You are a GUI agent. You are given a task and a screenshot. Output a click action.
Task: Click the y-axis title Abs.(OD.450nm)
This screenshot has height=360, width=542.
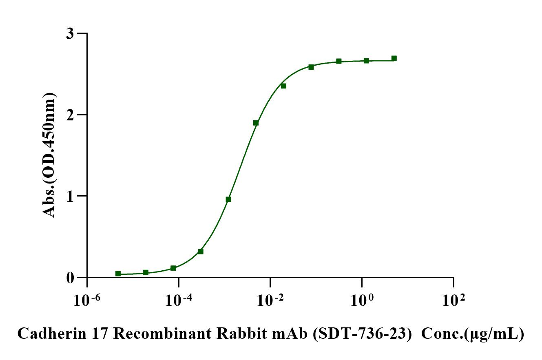tap(49, 155)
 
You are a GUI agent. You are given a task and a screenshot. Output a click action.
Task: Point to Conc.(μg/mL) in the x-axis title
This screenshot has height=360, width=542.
tap(472, 334)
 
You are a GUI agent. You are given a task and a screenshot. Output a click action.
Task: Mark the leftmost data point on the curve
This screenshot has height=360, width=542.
tap(118, 274)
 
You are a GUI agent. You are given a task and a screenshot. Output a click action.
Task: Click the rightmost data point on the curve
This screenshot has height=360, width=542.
tap(394, 58)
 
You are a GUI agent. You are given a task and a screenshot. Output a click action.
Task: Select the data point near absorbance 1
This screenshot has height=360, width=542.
tap(228, 199)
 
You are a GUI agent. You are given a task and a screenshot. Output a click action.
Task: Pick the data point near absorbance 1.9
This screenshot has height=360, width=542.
tap(256, 123)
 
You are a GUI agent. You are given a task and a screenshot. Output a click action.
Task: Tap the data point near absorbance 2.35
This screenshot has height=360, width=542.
tap(283, 86)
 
